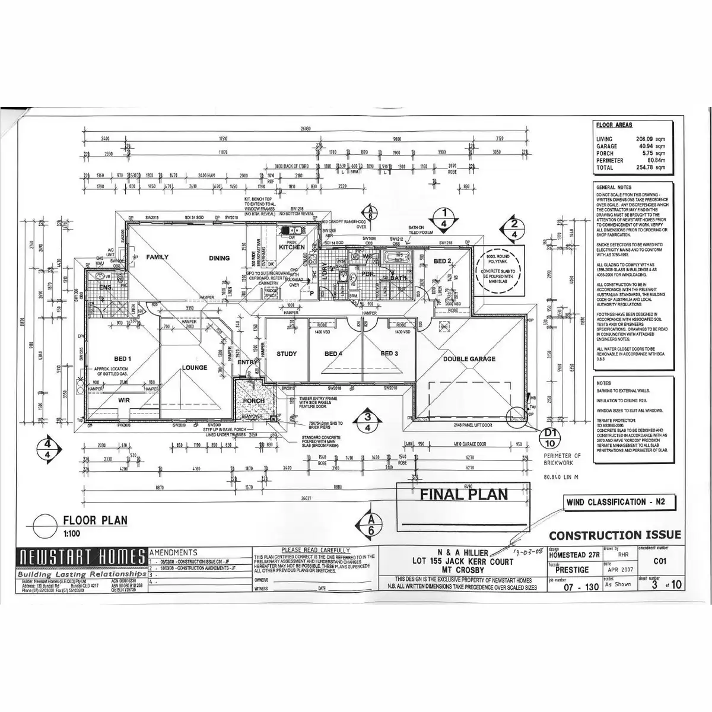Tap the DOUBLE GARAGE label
(469, 359)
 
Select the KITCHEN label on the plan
(292, 247)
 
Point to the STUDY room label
(287, 354)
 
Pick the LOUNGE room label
(195, 368)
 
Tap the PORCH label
(254, 401)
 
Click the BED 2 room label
(443, 261)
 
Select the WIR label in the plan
(123, 401)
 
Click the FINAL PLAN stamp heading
(464, 494)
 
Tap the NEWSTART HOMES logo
(82, 557)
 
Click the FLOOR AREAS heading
(614, 126)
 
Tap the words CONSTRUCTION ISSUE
(615, 535)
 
